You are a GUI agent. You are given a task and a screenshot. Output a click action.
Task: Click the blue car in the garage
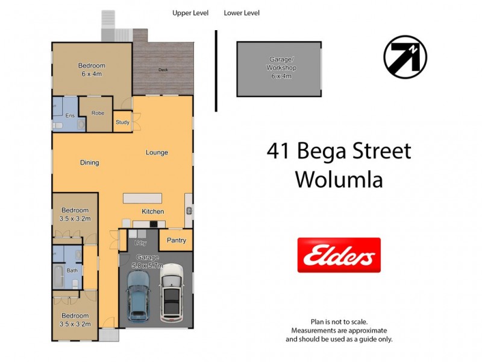[139, 296]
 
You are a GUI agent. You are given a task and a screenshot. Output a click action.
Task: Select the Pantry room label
[176, 240]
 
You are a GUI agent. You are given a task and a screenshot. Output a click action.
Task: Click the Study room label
[122, 122]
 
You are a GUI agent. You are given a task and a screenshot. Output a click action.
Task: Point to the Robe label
[98, 113]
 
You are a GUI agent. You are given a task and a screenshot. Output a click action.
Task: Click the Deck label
[163, 69]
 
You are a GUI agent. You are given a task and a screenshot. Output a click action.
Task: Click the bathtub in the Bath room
[58, 276]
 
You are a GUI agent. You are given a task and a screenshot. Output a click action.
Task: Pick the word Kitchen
[152, 212]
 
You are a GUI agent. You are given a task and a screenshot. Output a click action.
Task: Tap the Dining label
[89, 162]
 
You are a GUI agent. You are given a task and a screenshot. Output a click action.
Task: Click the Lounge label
[157, 153]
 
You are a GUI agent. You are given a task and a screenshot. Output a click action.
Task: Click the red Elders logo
[339, 255]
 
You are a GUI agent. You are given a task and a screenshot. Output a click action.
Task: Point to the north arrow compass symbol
[405, 57]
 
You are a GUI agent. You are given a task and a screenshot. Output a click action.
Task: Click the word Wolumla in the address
[339, 179]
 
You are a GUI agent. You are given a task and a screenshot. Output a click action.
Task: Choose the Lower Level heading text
[242, 13]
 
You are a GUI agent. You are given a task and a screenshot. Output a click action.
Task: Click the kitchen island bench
[142, 198]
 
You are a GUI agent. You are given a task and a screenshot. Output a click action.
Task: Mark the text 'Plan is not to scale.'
[339, 322]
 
